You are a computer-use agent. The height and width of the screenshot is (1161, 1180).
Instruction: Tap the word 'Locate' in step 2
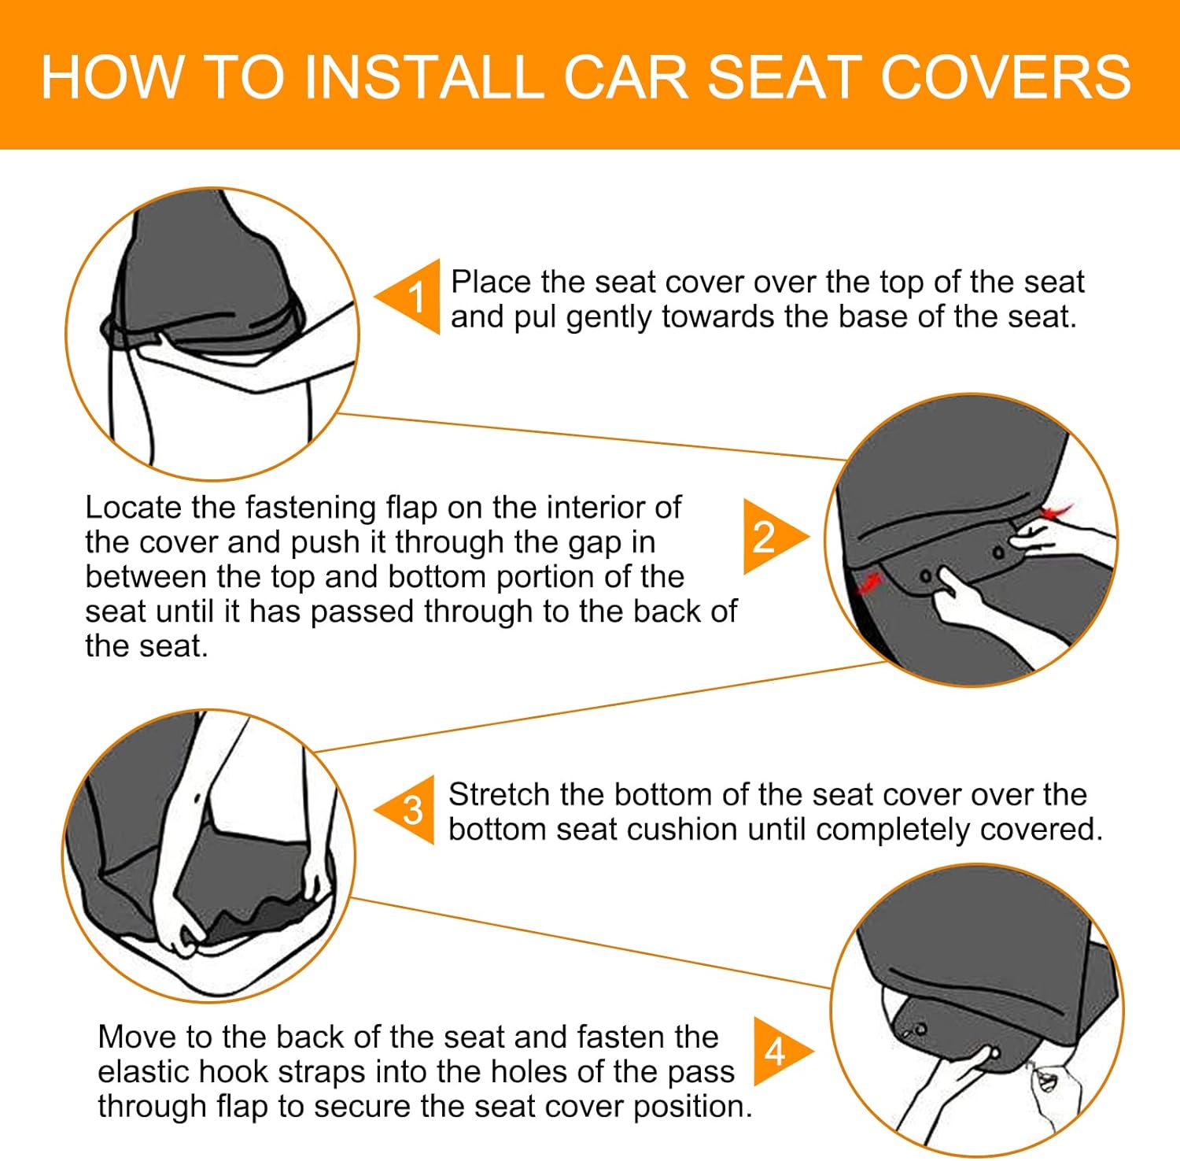pos(133,508)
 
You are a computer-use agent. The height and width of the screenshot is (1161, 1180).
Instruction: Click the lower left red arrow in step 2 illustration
pos(868,582)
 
